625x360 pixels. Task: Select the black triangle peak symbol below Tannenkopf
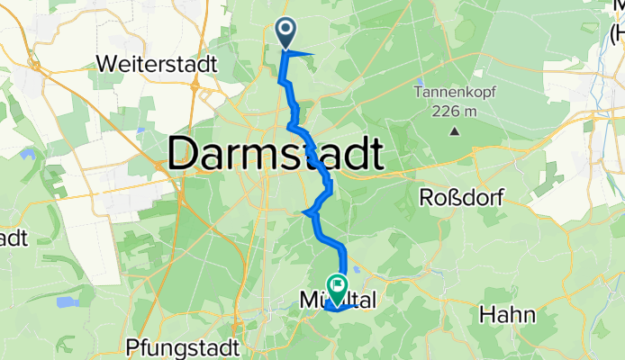coord(454,130)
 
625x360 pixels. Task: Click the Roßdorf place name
coord(461,197)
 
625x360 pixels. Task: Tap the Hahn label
coord(509,315)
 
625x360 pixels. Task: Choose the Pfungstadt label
coord(184,346)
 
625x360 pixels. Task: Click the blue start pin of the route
coord(286,33)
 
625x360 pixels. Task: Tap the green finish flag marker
coord(337,287)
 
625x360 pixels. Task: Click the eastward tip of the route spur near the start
coord(312,55)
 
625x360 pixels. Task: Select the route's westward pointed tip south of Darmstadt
coord(303,213)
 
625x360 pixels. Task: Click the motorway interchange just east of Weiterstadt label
coord(196,85)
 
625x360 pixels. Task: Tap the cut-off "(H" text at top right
coord(616,36)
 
